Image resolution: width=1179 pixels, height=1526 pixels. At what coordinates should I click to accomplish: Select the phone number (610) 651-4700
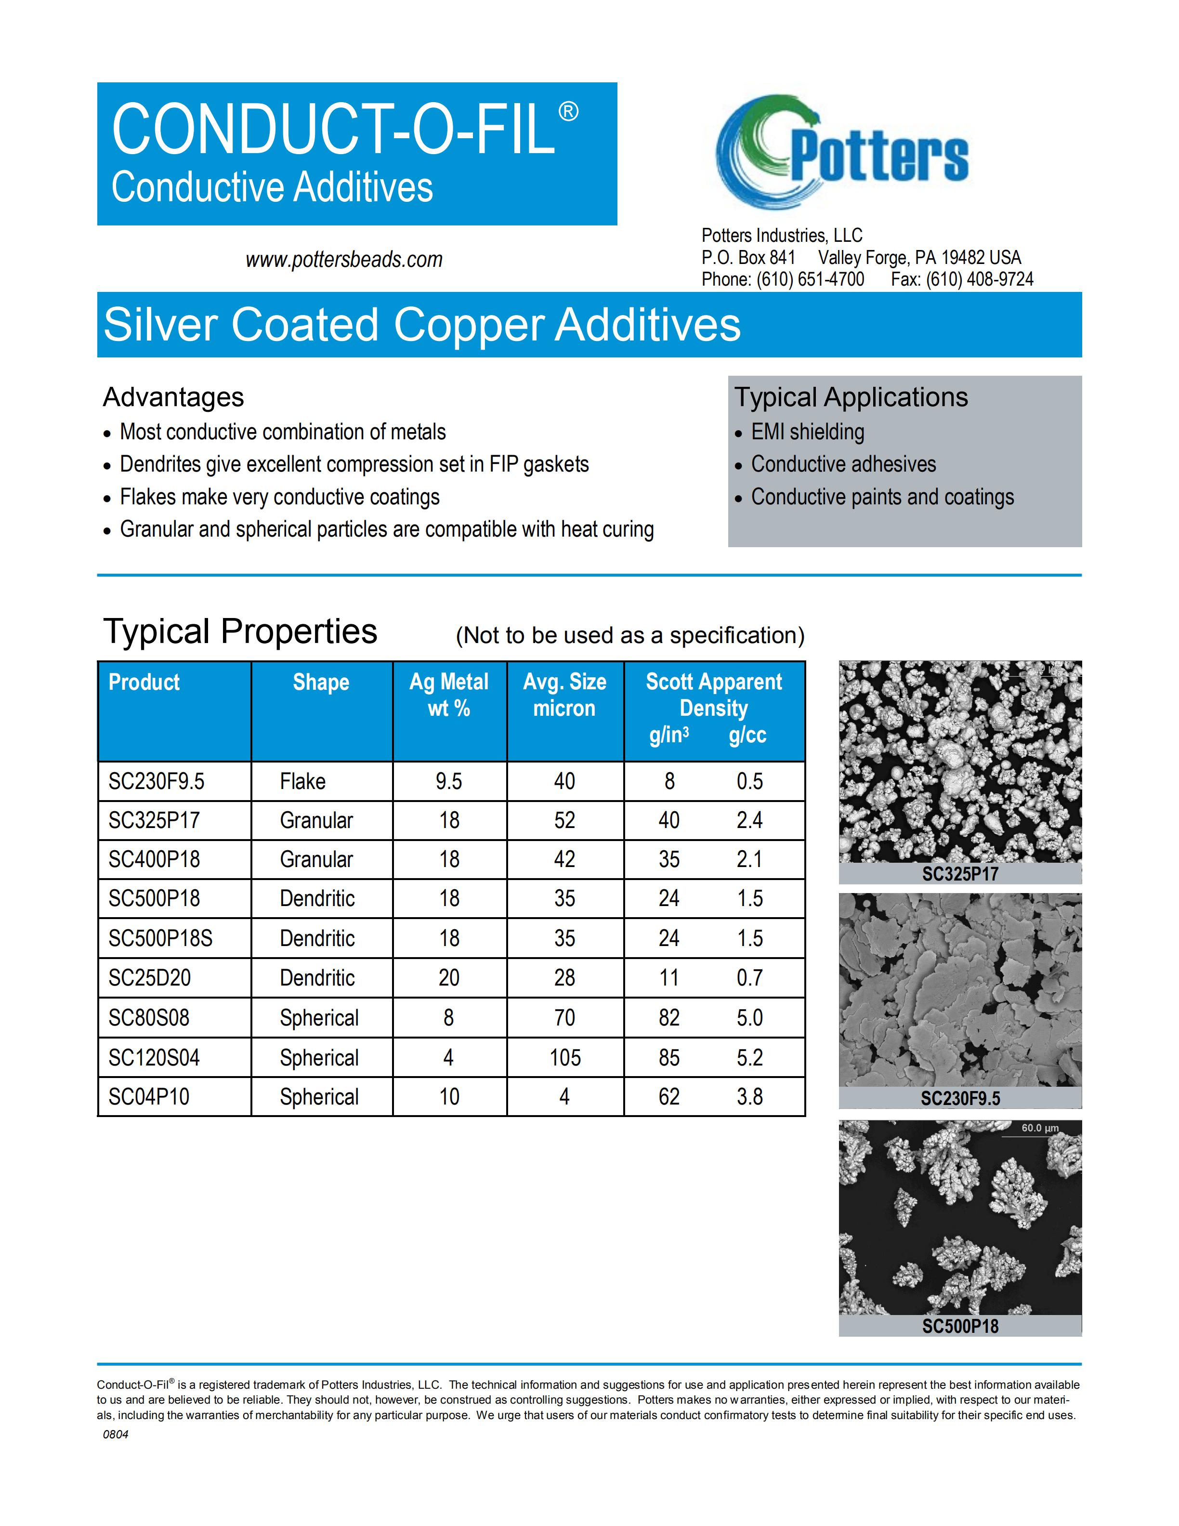(810, 279)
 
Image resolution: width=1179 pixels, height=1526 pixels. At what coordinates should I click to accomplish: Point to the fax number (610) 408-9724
(979, 279)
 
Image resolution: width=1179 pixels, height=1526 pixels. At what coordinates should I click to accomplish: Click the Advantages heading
(173, 397)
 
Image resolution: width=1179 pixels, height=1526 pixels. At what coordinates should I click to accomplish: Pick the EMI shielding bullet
(807, 432)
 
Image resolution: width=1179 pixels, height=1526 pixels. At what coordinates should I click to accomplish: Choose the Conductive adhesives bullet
(843, 464)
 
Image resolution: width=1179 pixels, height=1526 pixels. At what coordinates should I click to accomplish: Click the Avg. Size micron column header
(564, 695)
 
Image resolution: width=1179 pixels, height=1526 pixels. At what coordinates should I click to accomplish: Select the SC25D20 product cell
(149, 977)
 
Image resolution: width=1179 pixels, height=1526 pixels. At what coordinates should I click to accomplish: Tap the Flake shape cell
(302, 781)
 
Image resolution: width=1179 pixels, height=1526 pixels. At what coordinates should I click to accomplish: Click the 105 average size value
(564, 1057)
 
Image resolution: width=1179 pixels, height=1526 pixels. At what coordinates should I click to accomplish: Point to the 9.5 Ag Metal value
(448, 781)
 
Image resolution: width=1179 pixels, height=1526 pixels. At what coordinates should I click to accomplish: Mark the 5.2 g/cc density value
(749, 1057)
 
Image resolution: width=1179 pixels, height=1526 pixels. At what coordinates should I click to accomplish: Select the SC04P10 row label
(149, 1096)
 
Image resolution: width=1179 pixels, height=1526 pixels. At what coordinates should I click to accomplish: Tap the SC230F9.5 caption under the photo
(960, 1098)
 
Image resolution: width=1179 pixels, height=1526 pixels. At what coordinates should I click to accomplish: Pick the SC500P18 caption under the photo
(960, 1326)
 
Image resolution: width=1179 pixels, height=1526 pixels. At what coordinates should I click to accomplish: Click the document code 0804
(115, 1434)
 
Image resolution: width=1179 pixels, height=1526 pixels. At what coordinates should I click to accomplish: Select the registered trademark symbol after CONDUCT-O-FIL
(568, 112)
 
